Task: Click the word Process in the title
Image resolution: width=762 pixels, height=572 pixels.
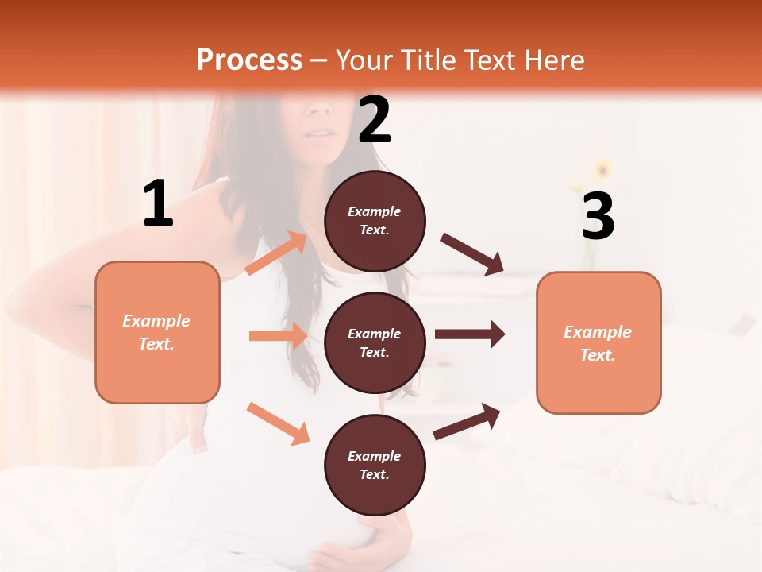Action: point(249,60)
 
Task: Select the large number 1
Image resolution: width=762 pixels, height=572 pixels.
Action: point(158,204)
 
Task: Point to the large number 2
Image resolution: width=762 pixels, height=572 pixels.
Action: point(375,120)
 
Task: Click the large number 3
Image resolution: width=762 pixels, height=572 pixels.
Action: point(598,216)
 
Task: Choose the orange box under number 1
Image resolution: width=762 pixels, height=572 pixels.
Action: point(157,332)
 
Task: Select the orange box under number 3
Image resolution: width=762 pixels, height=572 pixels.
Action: point(598,342)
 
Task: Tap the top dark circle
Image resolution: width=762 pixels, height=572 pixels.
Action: point(375,221)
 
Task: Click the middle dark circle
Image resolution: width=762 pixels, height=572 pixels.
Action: point(375,342)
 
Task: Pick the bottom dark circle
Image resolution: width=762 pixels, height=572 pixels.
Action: point(375,465)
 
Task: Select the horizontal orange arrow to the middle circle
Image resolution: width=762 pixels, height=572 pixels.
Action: point(278,336)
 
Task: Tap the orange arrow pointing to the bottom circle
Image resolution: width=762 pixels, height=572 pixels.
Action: point(278,423)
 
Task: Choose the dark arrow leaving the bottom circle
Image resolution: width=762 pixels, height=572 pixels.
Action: point(467,421)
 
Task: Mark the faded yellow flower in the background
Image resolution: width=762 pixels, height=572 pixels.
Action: point(603,170)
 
